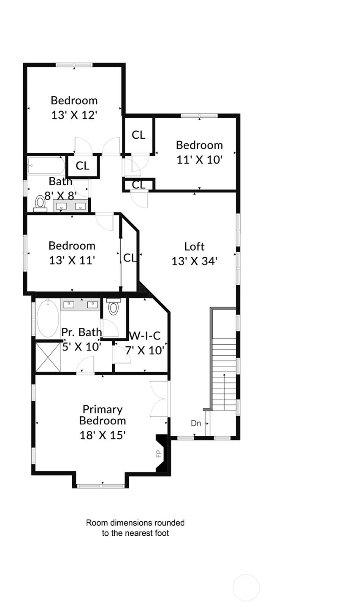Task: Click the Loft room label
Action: point(195,247)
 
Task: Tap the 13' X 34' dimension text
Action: point(195,261)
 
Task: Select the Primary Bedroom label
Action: point(103,415)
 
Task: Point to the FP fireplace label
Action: point(159,453)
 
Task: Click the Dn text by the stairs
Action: point(196,423)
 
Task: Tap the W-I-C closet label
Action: point(145,336)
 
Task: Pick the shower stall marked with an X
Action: point(48,357)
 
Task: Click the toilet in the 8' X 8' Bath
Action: point(41,204)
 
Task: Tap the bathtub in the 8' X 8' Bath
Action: point(46,166)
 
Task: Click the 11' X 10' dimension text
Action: point(200,159)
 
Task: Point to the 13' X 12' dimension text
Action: point(74,115)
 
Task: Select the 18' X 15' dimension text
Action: point(103,435)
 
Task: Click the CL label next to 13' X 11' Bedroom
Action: point(130,258)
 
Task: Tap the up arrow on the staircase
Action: point(224,392)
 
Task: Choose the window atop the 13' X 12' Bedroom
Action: point(74,65)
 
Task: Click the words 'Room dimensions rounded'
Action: point(135,523)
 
